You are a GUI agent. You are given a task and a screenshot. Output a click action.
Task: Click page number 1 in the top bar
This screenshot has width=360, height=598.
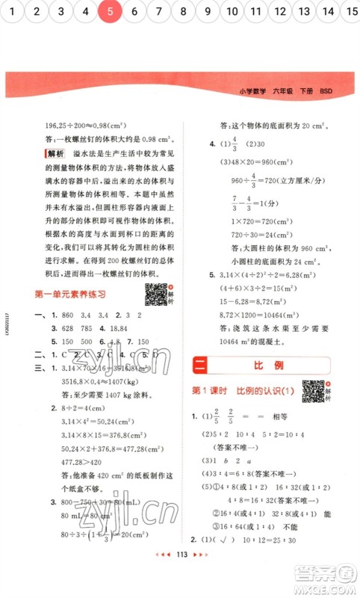(x=13, y=12)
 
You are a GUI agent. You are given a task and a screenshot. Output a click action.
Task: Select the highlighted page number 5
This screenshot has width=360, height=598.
(x=110, y=12)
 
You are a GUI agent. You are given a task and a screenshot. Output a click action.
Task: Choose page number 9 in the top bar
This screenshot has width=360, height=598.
(x=208, y=12)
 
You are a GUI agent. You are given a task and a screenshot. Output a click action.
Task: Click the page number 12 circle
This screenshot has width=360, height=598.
(x=280, y=12)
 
